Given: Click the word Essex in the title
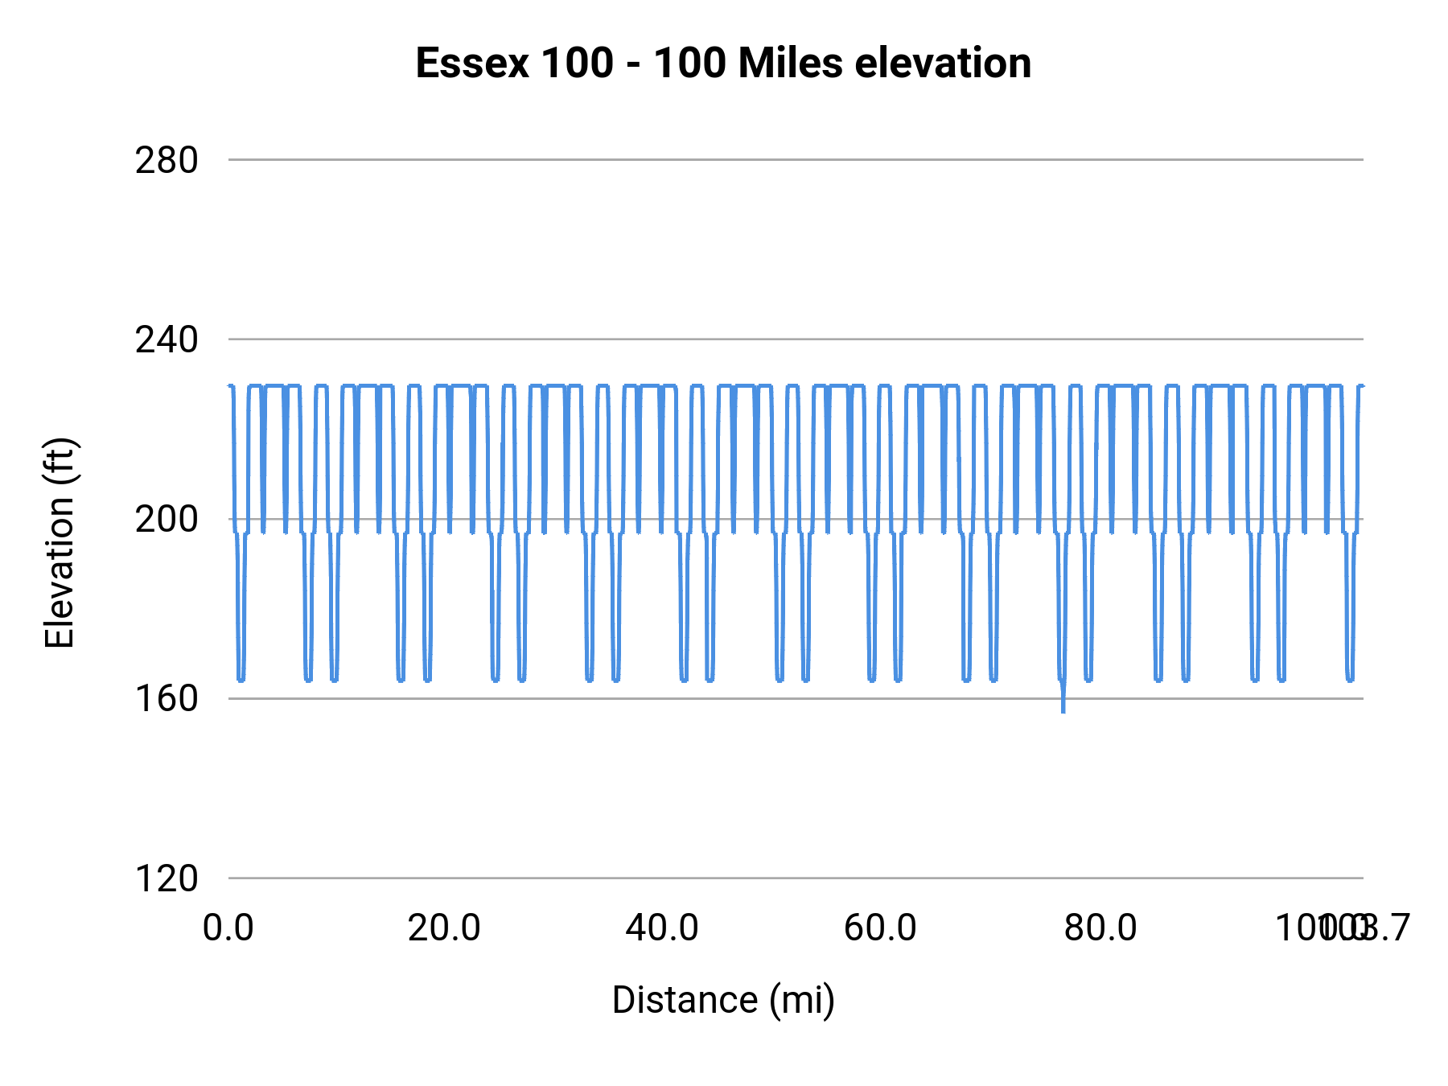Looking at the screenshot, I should pyautogui.click(x=472, y=64).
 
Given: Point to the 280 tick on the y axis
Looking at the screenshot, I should pyautogui.click(x=167, y=161).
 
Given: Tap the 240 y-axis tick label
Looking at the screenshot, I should pyautogui.click(x=167, y=340).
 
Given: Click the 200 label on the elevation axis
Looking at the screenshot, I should pyautogui.click(x=167, y=520).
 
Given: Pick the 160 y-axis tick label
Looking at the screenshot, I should pyautogui.click(x=167, y=699).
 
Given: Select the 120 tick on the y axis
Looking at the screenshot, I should pyautogui.click(x=167, y=878).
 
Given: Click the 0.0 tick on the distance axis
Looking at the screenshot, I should pyautogui.click(x=228, y=928).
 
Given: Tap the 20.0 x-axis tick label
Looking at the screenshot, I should pyautogui.click(x=444, y=928).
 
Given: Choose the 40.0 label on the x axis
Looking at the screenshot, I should pyautogui.click(x=662, y=928).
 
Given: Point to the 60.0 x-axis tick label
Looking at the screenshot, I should pyautogui.click(x=880, y=928).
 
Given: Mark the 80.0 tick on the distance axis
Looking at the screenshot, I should pyautogui.click(x=1100, y=928).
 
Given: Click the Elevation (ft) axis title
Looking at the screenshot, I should pyautogui.click(x=60, y=543).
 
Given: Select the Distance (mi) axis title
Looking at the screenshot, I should pyautogui.click(x=723, y=1000).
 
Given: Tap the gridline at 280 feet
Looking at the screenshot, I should pyautogui.click(x=796, y=160).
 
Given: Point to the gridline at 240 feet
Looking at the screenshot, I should pyautogui.click(x=796, y=339).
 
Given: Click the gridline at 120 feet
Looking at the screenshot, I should pyautogui.click(x=796, y=878).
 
